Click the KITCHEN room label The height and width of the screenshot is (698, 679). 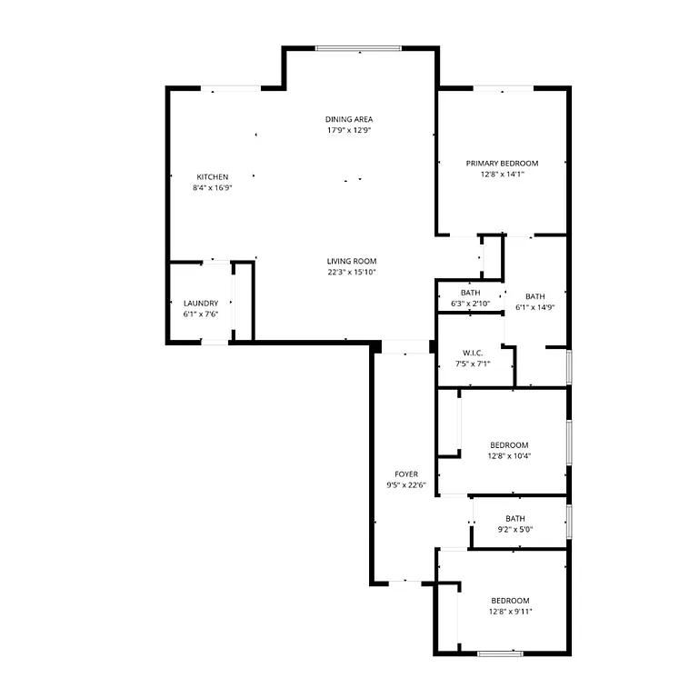[x=213, y=176]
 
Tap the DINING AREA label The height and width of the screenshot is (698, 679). [x=349, y=119]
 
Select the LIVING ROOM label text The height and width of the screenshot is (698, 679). [x=352, y=261]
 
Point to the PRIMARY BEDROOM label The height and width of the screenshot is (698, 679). [x=502, y=163]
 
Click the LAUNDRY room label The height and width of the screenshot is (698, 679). [x=200, y=303]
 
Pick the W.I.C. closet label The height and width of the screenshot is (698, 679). [x=473, y=352]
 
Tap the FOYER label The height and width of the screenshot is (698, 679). [x=406, y=474]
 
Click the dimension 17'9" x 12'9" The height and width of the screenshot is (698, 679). [x=349, y=130]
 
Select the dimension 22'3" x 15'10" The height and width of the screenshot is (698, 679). [x=352, y=272]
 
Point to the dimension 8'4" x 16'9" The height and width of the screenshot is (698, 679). [x=213, y=187]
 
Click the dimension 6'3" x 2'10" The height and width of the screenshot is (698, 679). [x=470, y=303]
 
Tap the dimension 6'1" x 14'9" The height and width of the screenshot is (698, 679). [x=534, y=307]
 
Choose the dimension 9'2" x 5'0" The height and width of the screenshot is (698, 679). [x=515, y=530]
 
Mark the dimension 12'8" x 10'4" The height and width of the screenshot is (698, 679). [x=508, y=456]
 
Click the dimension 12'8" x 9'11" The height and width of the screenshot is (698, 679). [x=510, y=612]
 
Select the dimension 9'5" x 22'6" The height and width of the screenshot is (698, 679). [x=406, y=484]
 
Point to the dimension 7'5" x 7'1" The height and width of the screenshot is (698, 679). [x=473, y=364]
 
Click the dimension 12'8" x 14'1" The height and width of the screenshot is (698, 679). [x=502, y=174]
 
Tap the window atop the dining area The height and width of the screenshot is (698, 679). [x=359, y=48]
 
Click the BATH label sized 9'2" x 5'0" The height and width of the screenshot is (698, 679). [x=515, y=519]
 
